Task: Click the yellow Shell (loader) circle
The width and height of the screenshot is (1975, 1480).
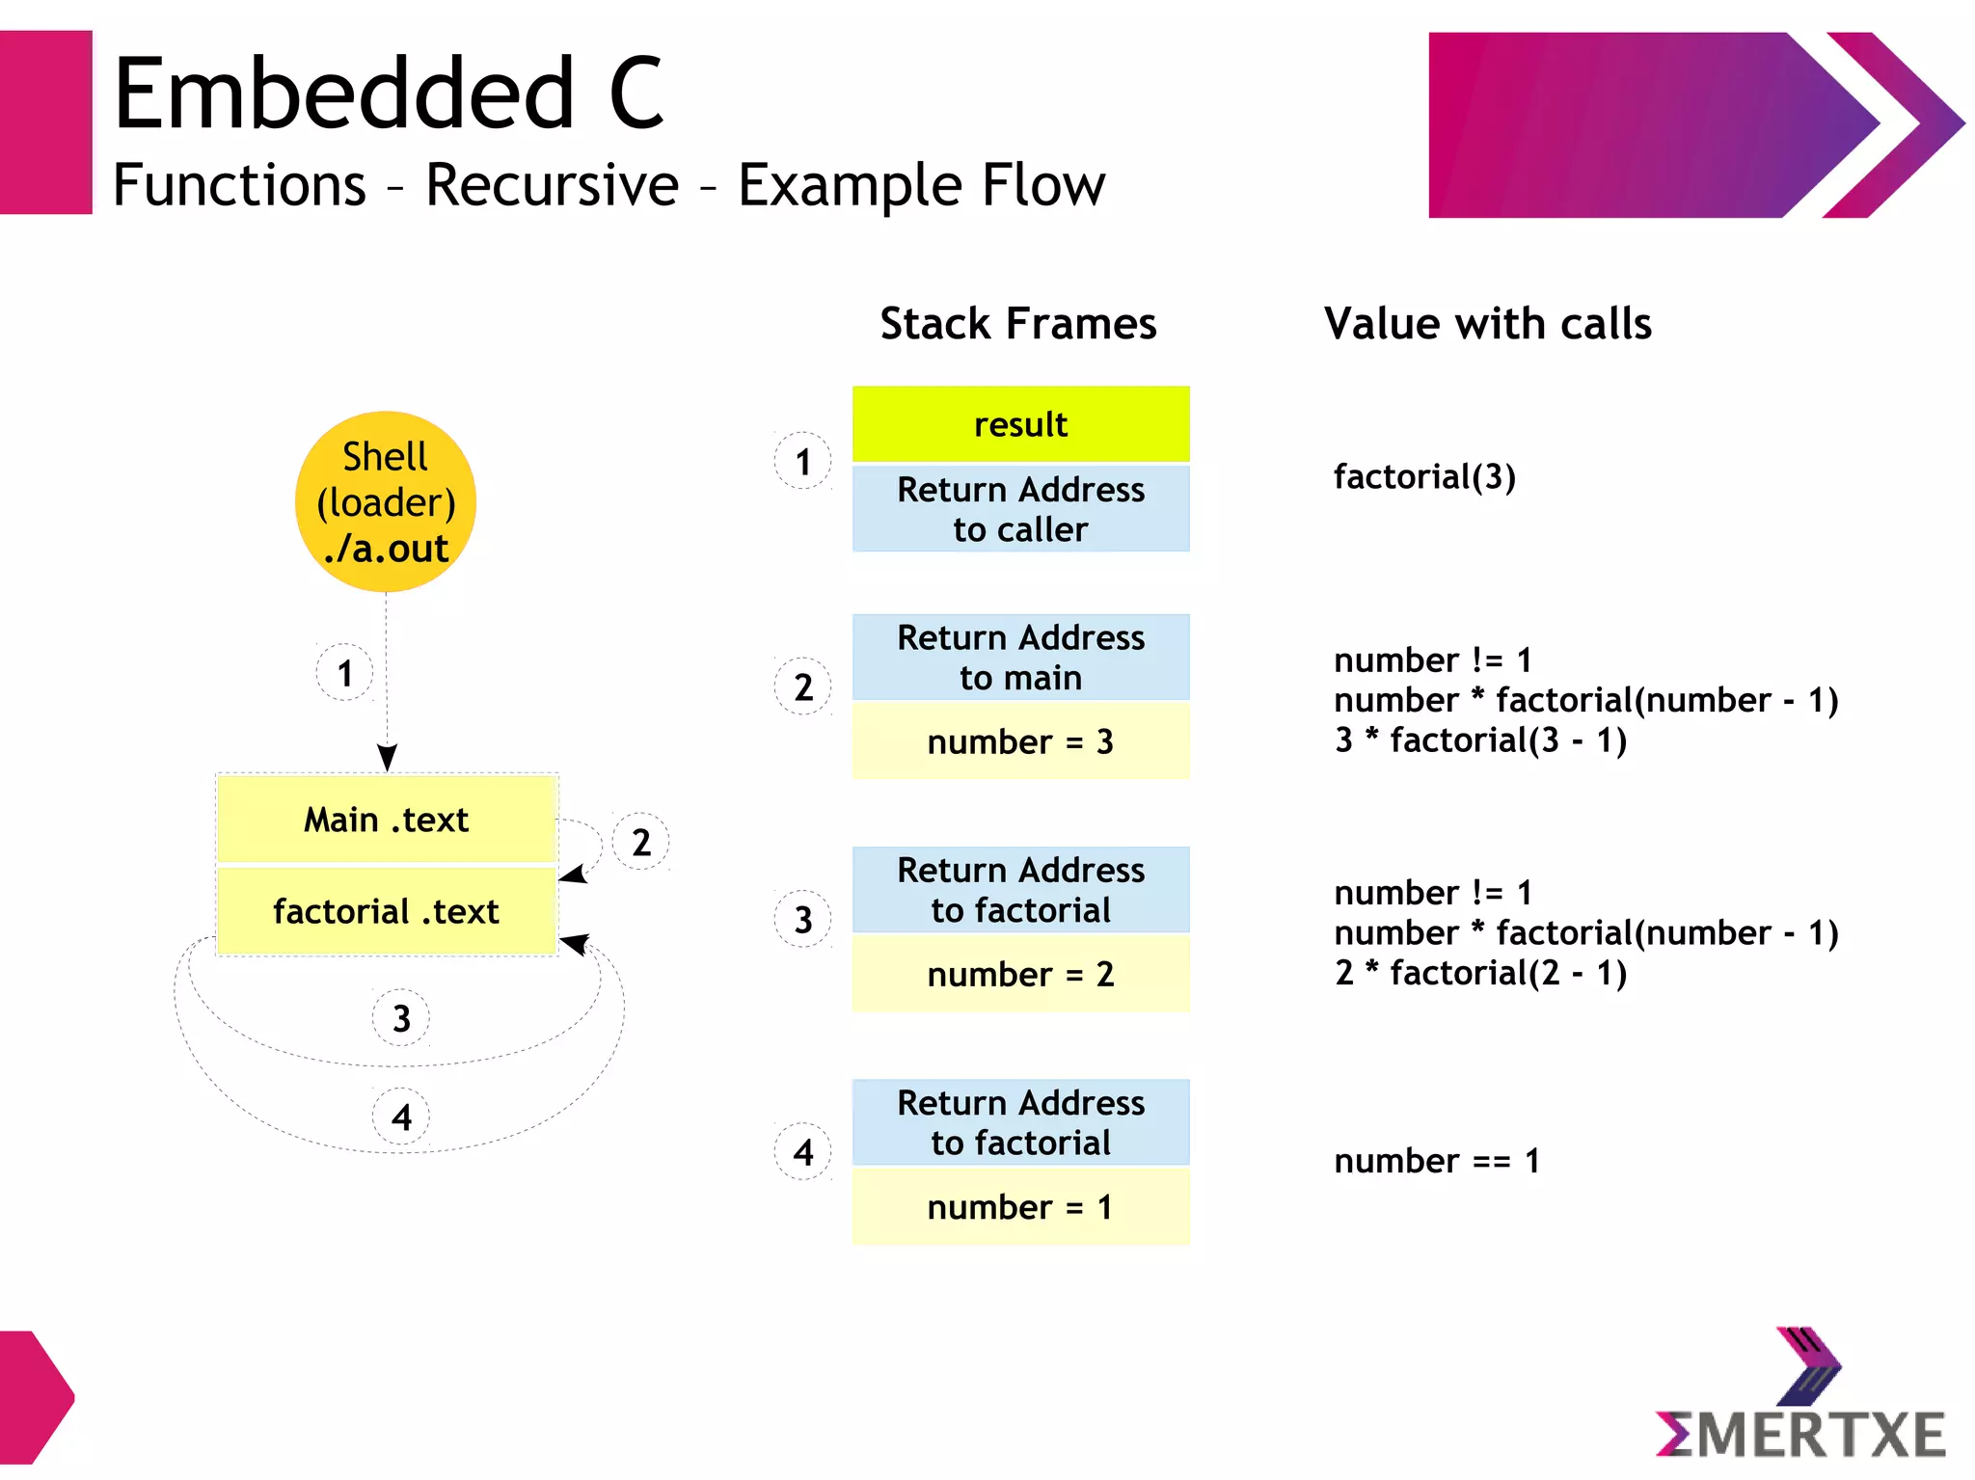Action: pos(386,501)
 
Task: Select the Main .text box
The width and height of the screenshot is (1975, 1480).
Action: pos(386,820)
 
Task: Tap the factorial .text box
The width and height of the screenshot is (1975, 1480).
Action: pos(386,911)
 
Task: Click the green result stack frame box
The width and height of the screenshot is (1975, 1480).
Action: pos(1020,424)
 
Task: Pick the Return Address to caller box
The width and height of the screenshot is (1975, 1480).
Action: pos(1020,509)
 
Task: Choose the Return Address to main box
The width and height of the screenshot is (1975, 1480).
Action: pos(1020,658)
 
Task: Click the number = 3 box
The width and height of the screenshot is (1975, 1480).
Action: pos(1020,741)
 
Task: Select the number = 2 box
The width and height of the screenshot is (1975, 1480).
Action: pos(1020,974)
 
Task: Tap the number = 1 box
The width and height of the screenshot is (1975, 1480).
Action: pos(1020,1207)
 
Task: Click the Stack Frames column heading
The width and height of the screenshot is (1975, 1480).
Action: pos(1017,324)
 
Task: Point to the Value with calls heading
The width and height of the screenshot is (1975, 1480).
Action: pos(1487,324)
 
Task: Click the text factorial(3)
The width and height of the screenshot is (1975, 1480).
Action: pos(1424,476)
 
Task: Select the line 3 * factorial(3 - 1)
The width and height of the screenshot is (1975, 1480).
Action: pos(1480,740)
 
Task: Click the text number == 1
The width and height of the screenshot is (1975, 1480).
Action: pos(1436,1161)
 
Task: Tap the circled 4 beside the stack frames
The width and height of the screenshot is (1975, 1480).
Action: pos(803,1152)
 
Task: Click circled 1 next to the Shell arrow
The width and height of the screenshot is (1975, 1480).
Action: pos(345,673)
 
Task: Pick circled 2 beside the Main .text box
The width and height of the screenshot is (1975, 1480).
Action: pos(641,843)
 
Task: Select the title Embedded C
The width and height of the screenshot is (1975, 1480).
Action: pos(388,94)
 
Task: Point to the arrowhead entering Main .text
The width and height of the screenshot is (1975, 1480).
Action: pos(387,758)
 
